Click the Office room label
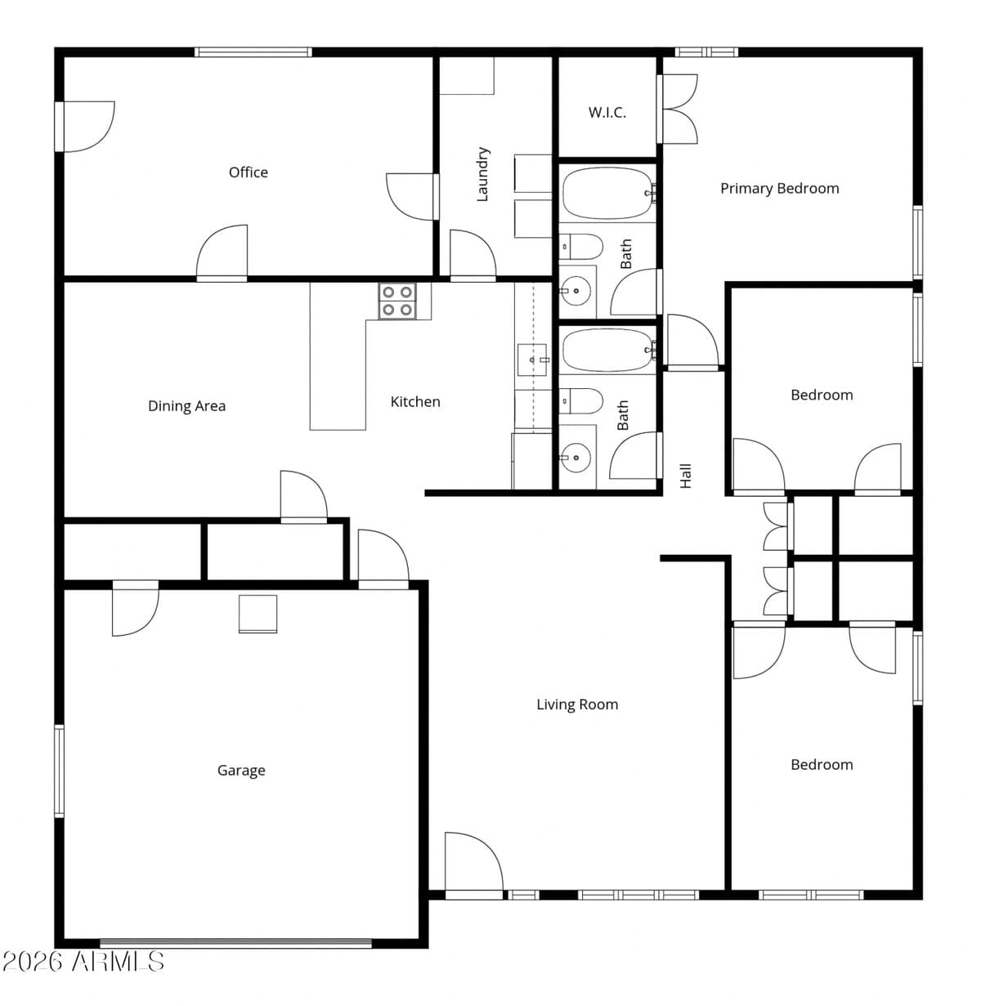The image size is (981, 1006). [249, 172]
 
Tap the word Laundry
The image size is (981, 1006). [482, 174]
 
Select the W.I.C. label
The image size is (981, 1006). [607, 112]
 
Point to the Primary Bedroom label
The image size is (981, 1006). [779, 189]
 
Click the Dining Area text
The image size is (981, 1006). [186, 406]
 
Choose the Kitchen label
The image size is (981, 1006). [415, 402]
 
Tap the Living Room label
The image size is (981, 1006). [577, 704]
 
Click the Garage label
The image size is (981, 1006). [241, 771]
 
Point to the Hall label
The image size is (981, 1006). [685, 476]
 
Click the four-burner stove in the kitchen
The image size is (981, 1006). [397, 301]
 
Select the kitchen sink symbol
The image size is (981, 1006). [532, 360]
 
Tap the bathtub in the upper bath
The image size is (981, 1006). [608, 194]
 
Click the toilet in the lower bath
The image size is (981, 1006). [581, 401]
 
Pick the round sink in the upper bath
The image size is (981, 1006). [576, 292]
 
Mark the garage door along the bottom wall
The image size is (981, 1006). [235, 943]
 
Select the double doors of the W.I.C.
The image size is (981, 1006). [678, 109]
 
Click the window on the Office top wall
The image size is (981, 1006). [253, 51]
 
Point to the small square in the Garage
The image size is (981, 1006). [258, 615]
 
